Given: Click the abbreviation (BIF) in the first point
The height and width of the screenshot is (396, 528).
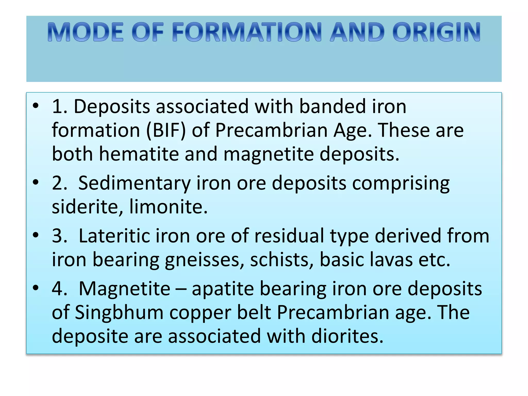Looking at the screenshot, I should tap(166, 130).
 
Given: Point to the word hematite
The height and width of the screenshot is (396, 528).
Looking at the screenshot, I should tap(139, 154).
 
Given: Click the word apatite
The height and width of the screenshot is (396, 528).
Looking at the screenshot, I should tap(223, 289).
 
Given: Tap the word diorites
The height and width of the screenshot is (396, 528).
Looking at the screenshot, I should tap(347, 336).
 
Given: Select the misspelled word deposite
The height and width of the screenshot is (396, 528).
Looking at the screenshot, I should tap(90, 337).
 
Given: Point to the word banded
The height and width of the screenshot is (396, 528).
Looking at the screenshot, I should tap(332, 106).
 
